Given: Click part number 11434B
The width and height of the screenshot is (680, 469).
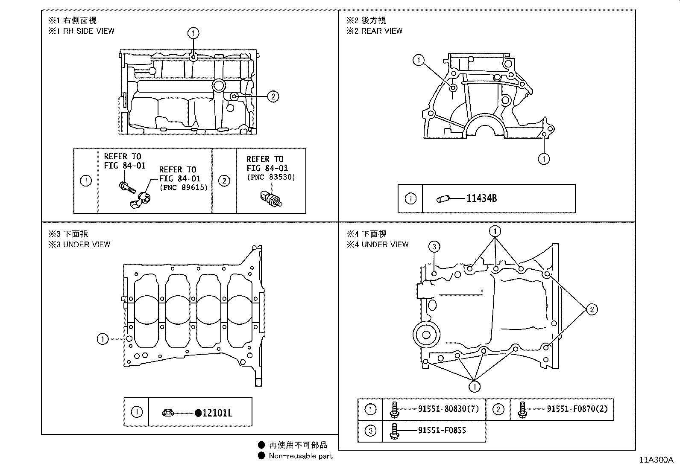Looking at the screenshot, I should (481, 198).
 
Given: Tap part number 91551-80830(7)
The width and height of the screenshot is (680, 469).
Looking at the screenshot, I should (448, 409).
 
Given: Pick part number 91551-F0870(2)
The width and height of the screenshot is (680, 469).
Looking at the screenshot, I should (577, 409).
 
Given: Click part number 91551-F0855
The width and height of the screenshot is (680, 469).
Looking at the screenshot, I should (442, 430).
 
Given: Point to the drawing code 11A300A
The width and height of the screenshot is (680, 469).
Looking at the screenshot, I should (656, 460).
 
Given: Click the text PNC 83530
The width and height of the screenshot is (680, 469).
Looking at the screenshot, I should (271, 177).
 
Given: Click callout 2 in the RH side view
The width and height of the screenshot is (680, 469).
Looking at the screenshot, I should (273, 96).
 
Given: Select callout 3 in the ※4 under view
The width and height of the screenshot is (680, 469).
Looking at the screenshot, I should (434, 246).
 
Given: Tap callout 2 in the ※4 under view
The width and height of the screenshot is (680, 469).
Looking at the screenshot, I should (591, 309).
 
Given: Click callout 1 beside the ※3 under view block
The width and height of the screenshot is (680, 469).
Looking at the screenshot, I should (103, 339).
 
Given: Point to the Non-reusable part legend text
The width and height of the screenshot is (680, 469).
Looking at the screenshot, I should (300, 456).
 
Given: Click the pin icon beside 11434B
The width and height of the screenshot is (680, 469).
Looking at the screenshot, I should (442, 199).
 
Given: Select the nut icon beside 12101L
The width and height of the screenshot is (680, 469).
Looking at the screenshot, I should (167, 413).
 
